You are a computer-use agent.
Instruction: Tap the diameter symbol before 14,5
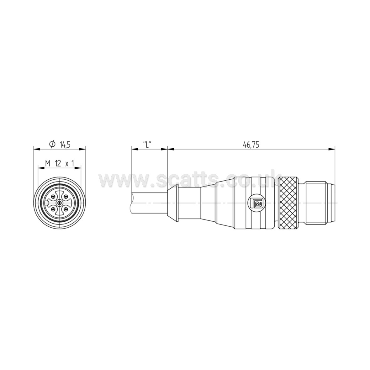[x=52, y=144]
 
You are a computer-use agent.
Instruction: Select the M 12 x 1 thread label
[x=59, y=163]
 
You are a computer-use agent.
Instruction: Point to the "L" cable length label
[x=147, y=145]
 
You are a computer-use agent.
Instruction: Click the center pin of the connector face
[x=60, y=204]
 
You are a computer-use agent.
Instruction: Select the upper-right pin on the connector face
[x=66, y=197]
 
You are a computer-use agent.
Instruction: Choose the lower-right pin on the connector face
[x=66, y=210]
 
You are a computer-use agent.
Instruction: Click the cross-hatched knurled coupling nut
[x=291, y=204]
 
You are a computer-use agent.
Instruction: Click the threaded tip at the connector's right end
[x=320, y=204]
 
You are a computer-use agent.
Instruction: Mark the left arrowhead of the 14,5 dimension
[x=35, y=149]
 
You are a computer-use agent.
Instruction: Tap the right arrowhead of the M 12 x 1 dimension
[x=79, y=168]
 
